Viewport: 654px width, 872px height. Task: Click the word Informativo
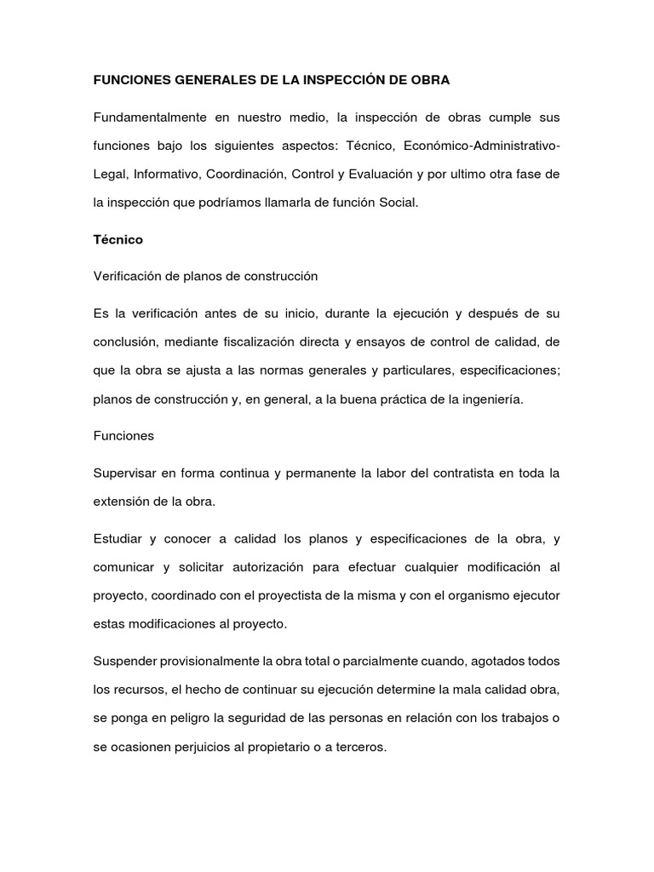pyautogui.click(x=165, y=174)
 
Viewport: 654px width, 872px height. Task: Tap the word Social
pyautogui.click(x=399, y=203)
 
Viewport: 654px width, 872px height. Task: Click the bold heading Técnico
pyautogui.click(x=118, y=240)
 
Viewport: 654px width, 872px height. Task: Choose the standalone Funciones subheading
pyautogui.click(x=123, y=436)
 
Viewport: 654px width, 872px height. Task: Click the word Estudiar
pyautogui.click(x=118, y=538)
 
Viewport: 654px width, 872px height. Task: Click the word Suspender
pyautogui.click(x=124, y=662)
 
